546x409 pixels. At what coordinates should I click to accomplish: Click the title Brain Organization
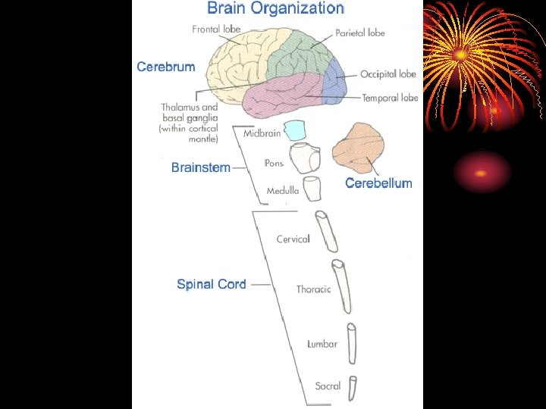[275, 9]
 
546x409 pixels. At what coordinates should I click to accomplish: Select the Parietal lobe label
[360, 33]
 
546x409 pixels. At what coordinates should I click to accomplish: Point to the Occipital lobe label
[388, 74]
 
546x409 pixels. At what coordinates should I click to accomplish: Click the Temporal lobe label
[390, 98]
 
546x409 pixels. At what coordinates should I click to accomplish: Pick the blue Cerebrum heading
[166, 67]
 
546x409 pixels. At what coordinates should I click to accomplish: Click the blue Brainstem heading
[200, 167]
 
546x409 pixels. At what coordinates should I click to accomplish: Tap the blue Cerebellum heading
[378, 183]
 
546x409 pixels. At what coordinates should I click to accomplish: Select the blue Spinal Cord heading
[211, 284]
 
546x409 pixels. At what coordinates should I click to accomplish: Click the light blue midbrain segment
[294, 130]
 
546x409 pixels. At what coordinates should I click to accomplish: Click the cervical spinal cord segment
[328, 232]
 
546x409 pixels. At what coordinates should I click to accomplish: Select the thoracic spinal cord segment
[342, 286]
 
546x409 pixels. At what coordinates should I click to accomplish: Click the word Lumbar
[322, 344]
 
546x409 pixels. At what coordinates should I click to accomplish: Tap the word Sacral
[328, 386]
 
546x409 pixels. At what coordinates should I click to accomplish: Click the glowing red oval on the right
[482, 172]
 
